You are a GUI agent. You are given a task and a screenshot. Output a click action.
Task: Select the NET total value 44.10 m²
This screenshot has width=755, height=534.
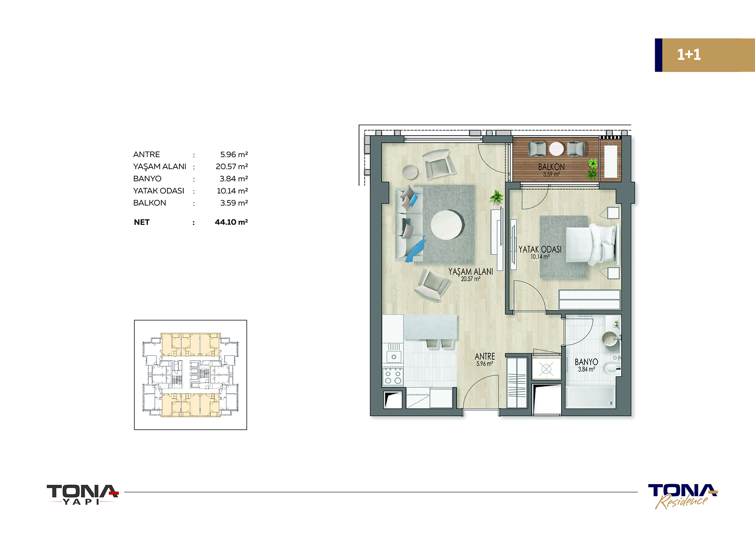coord(231,222)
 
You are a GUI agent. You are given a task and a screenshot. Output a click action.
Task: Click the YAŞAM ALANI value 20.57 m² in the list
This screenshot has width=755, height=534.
coord(232,167)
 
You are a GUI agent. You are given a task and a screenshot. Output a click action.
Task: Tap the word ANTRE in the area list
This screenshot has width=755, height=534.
coord(146,155)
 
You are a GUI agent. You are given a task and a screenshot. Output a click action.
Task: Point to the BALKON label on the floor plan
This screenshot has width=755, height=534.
coord(551,167)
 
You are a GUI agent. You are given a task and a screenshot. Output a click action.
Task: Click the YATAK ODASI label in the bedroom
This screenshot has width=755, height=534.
coord(540,249)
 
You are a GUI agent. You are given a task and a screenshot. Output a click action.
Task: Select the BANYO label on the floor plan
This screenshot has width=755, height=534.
coord(586,362)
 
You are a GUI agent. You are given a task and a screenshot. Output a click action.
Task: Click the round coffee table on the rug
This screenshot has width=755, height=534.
coord(447,225)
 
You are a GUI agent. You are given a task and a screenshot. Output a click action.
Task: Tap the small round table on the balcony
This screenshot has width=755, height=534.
coord(556,149)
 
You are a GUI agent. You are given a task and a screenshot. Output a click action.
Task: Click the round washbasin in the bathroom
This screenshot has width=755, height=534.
coord(610,339)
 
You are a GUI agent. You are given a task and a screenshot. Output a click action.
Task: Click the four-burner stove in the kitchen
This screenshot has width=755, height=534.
coord(393,376)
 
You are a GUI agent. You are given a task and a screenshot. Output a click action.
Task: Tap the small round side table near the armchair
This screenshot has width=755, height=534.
coord(411,172)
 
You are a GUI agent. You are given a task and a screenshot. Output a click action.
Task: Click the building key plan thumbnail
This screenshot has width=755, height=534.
coord(190,375)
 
